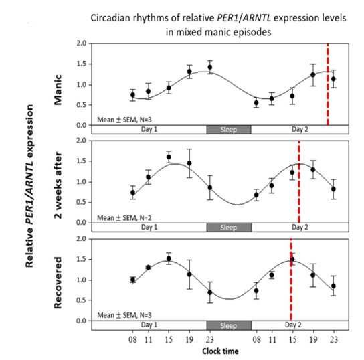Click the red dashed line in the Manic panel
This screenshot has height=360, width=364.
(x=328, y=84)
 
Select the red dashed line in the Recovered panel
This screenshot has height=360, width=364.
(x=291, y=280)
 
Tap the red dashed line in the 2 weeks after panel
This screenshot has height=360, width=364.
(x=299, y=181)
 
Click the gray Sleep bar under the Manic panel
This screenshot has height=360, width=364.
(x=229, y=130)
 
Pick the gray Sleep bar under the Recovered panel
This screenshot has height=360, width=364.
(x=229, y=325)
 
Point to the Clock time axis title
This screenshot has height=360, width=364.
(x=220, y=351)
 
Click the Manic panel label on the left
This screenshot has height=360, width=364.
(x=58, y=90)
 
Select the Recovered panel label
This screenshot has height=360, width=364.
(x=58, y=282)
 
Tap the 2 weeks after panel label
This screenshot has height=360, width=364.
(x=58, y=185)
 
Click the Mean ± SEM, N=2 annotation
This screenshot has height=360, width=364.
(x=124, y=218)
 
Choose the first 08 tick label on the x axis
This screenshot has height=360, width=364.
(x=132, y=339)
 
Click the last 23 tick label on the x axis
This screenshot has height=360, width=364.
(x=334, y=339)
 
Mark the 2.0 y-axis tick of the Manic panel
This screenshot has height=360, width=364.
(x=81, y=43)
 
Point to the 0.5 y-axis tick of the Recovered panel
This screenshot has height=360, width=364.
(x=81, y=300)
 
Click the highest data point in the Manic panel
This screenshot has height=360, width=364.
(x=210, y=67)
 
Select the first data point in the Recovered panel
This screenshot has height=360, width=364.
(x=132, y=280)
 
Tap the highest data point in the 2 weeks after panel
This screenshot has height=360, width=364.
(x=169, y=157)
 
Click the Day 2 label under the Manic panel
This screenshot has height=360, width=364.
(x=300, y=129)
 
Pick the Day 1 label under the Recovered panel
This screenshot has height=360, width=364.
(x=149, y=325)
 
